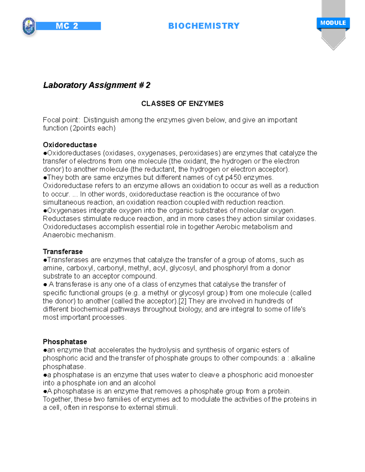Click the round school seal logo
click(x=29, y=26)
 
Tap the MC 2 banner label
click(x=67, y=26)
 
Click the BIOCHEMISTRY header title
click(x=204, y=26)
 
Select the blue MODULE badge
click(x=333, y=23)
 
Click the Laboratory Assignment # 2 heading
click(x=97, y=85)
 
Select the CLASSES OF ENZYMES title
click(x=182, y=104)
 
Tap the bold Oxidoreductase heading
click(x=70, y=145)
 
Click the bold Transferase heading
click(x=63, y=252)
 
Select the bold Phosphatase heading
click(x=65, y=342)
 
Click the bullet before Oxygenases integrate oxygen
click(x=45, y=211)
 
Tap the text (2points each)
click(x=93, y=128)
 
